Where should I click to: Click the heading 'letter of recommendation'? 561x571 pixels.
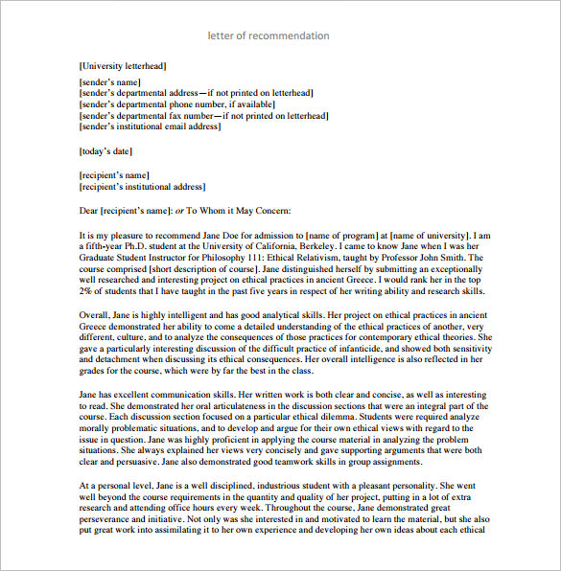click(269, 35)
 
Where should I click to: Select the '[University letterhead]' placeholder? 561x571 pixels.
click(122, 66)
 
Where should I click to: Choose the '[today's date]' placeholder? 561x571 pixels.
click(105, 151)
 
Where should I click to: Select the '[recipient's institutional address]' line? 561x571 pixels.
click(141, 187)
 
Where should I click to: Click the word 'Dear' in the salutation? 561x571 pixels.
click(90, 211)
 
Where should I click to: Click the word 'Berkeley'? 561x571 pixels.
click(292, 245)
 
